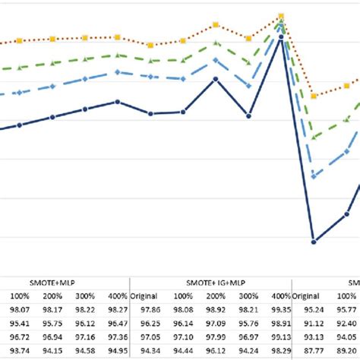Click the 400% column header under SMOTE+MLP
(115, 295)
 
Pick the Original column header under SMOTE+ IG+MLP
(148, 295)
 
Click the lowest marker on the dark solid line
(313, 242)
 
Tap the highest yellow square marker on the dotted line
(281, 16)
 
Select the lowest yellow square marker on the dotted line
(314, 96)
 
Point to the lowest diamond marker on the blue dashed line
(313, 175)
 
